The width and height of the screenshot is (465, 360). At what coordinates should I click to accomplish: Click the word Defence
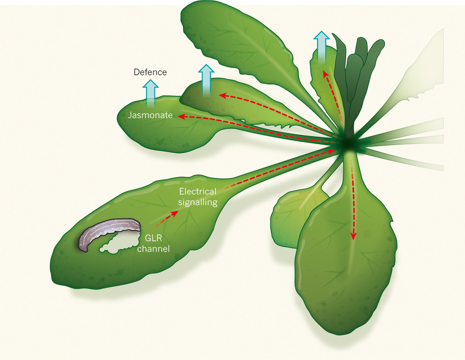tap(150, 72)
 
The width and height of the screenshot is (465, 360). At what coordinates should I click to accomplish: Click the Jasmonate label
tap(150, 115)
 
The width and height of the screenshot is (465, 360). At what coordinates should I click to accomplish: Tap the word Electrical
tap(197, 192)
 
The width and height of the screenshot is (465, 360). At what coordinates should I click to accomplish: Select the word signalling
tap(199, 202)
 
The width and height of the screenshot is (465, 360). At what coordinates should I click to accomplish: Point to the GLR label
tap(153, 239)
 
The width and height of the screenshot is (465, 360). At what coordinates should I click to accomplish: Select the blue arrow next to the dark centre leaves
tap(322, 47)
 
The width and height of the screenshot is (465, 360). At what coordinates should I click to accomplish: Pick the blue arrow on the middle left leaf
tap(206, 79)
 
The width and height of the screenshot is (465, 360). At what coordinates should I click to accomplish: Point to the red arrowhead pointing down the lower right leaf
tap(353, 238)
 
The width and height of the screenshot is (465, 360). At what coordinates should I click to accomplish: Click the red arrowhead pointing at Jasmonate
tap(180, 116)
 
